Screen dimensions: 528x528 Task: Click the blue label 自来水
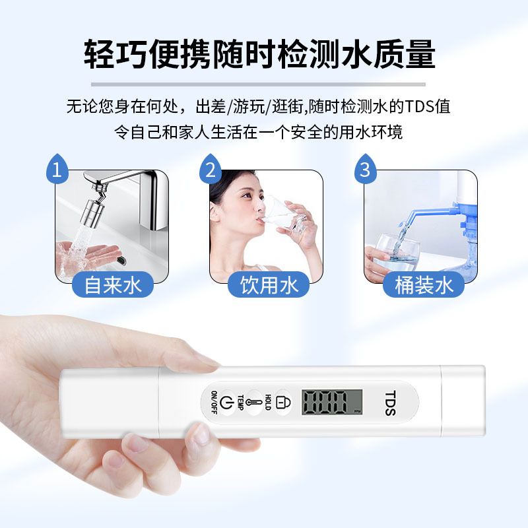pyautogui.click(x=113, y=285)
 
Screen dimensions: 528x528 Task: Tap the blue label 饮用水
pyautogui.click(x=269, y=285)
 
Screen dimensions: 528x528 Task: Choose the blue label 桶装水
pyautogui.click(x=424, y=285)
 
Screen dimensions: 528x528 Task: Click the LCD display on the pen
pyautogui.click(x=332, y=402)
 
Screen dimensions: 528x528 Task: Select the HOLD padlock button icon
pyautogui.click(x=283, y=402)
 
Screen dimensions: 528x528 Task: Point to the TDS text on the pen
pyautogui.click(x=390, y=403)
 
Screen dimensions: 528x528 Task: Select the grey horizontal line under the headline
pyautogui.click(x=258, y=84)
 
